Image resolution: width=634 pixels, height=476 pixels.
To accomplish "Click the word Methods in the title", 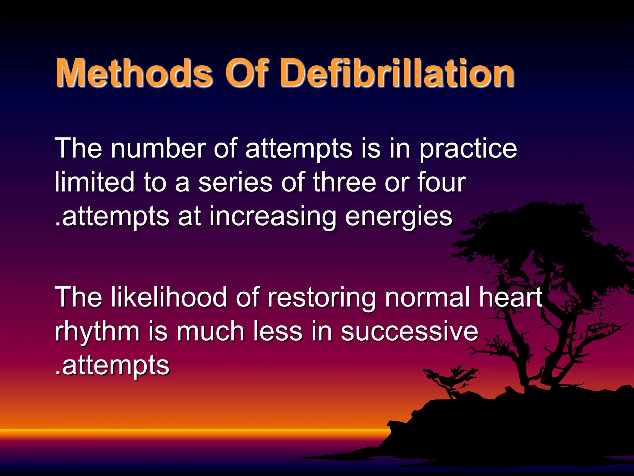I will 134,73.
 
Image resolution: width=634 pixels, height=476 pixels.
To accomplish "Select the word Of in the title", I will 245,73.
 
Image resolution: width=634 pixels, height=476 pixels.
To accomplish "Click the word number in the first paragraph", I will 158,148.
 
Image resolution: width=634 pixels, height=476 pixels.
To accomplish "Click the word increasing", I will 272,217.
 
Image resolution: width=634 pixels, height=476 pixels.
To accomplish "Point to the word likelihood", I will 169,297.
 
